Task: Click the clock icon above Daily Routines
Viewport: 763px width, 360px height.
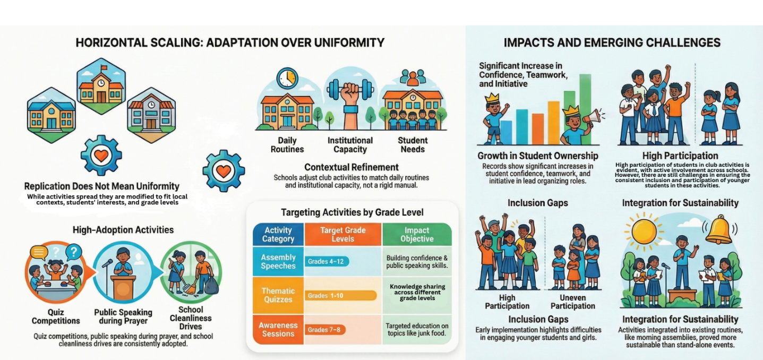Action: [x=287, y=79]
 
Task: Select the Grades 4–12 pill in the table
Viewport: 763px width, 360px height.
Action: [x=328, y=261]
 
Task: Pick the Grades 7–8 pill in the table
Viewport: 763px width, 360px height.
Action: [x=323, y=330]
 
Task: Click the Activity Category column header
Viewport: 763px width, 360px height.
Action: [x=278, y=234]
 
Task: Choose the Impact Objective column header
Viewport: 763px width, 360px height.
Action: [x=417, y=234]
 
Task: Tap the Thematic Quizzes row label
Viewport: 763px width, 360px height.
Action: [x=278, y=295]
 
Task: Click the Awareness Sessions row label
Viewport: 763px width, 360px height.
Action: [x=278, y=329]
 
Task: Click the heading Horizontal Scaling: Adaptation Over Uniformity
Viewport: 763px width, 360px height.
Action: [x=230, y=42]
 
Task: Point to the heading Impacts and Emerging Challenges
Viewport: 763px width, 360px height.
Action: [x=612, y=42]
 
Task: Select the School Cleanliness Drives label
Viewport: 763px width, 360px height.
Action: [x=194, y=318]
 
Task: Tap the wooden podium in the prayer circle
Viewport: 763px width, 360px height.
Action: [x=124, y=287]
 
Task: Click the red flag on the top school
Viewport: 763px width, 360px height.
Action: [x=104, y=68]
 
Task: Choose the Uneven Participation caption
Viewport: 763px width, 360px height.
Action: [x=573, y=302]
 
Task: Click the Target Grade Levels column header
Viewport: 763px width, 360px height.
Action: [x=342, y=234]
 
